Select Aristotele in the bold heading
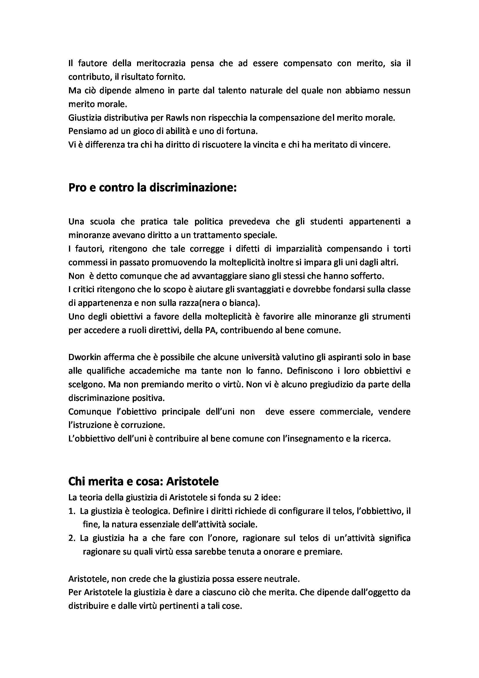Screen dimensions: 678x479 (x=192, y=482)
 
